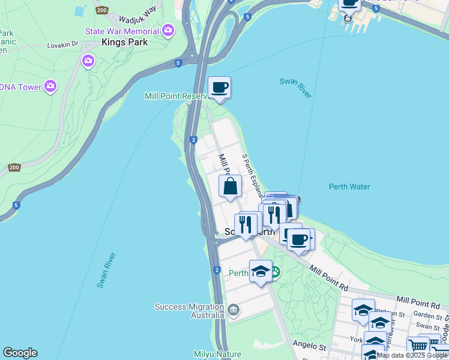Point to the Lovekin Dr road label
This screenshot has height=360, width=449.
(x=63, y=44)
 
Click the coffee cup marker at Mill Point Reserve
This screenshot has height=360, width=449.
(x=219, y=88)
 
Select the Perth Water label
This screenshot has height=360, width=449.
(x=349, y=187)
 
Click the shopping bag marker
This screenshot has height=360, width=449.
(x=230, y=186)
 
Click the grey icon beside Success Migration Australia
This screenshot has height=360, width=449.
(x=233, y=310)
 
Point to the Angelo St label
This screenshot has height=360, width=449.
(x=310, y=346)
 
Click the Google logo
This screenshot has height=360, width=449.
(x=20, y=353)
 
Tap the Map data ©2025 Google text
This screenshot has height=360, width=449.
(x=412, y=355)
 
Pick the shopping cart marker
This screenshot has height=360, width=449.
(x=418, y=347)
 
